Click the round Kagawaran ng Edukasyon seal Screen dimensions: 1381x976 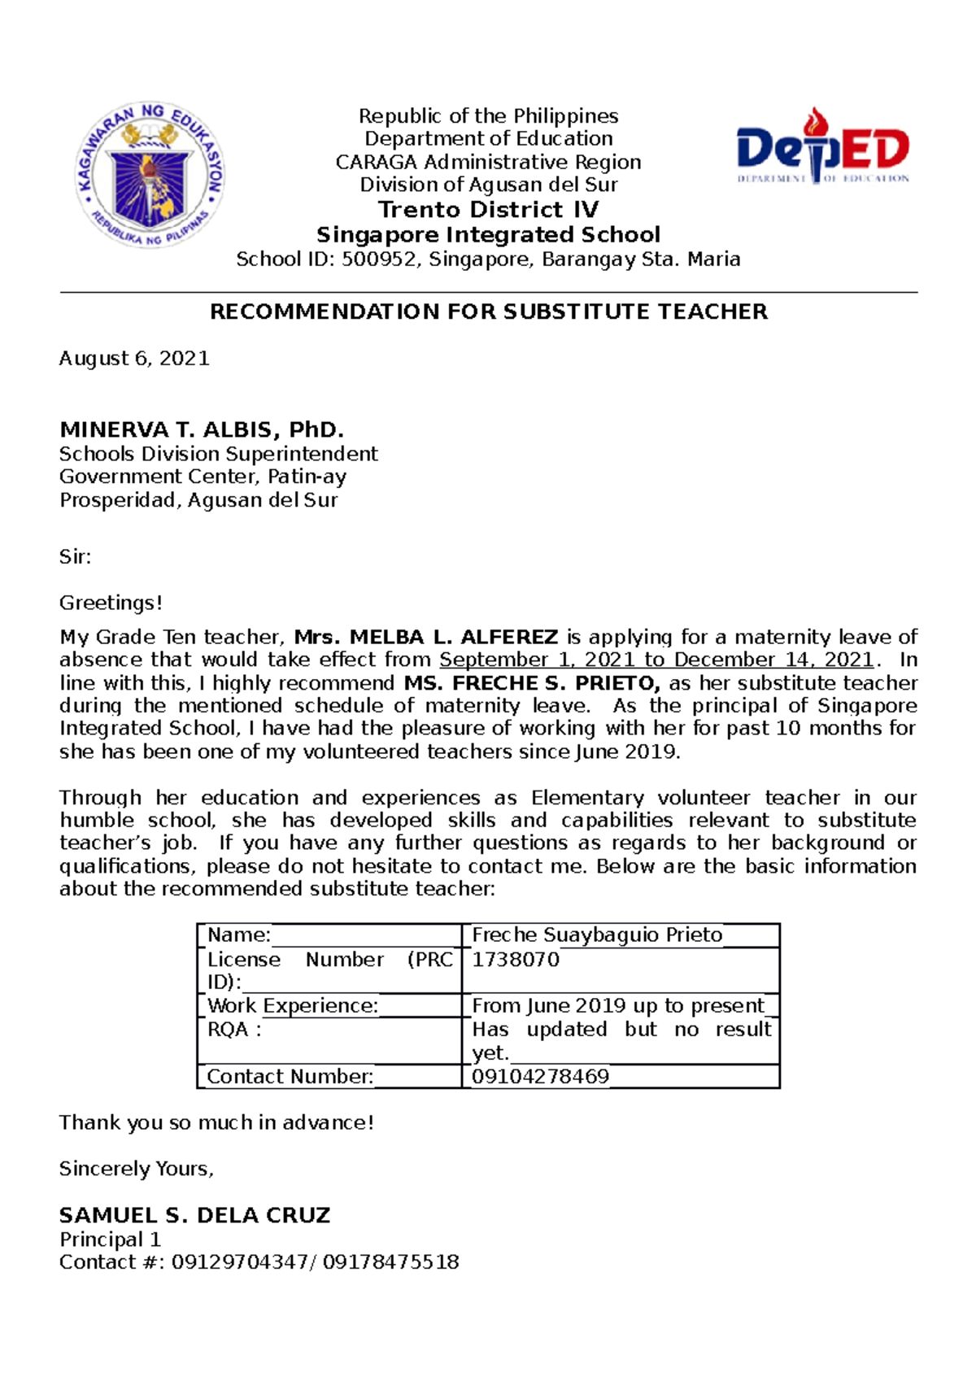[150, 174]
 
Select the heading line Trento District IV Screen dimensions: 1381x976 [488, 210]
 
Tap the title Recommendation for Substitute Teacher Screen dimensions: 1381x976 [488, 311]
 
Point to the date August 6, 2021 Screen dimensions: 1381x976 [134, 359]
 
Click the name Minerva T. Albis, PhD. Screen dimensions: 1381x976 [202, 429]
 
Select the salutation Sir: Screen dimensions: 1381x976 [75, 557]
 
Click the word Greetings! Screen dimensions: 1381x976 [111, 603]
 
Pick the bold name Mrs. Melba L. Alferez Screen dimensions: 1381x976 [425, 637]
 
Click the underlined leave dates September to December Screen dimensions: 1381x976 [656, 660]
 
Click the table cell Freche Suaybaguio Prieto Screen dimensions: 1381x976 [596, 935]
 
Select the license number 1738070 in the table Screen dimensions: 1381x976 [516, 960]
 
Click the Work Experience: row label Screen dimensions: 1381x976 [292, 1006]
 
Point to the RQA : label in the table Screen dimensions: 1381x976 [234, 1030]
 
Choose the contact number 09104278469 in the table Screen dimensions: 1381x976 [540, 1077]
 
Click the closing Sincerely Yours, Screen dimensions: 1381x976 [136, 1169]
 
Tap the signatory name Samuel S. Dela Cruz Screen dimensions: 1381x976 [194, 1215]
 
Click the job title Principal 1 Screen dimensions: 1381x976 [110, 1239]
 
